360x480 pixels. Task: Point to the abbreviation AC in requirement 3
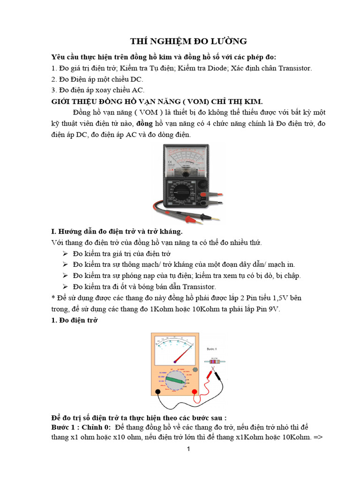pos(137,90)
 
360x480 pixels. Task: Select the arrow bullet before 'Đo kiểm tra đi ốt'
pos(65,286)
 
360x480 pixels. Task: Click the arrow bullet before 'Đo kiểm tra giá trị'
pos(65,254)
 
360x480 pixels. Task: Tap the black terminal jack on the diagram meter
pos(158,391)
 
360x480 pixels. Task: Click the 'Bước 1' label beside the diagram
pos(212,349)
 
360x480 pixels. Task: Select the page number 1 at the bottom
pos(188,449)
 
